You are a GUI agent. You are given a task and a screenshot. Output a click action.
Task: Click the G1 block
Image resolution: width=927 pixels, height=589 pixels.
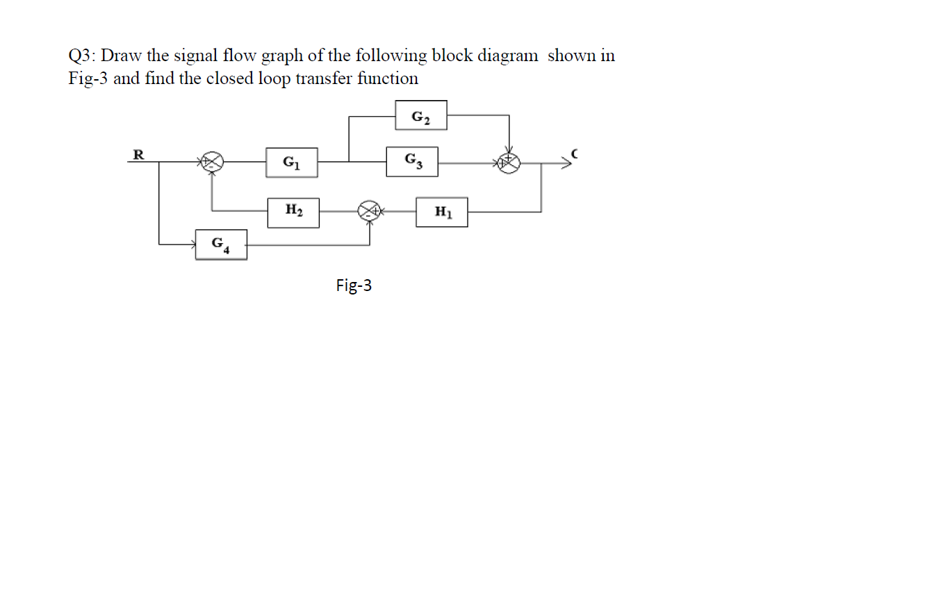(292, 163)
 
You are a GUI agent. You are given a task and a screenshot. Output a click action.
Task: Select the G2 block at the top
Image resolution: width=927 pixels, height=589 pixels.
(421, 115)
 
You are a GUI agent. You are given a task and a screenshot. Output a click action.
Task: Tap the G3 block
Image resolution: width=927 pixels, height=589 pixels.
(413, 162)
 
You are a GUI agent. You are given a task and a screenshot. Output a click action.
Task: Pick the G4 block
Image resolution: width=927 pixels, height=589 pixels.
(221, 244)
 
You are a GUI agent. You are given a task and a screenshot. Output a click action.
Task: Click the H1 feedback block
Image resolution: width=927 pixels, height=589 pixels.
(442, 212)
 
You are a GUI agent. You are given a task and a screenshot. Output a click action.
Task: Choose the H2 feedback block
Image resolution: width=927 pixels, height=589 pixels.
(293, 212)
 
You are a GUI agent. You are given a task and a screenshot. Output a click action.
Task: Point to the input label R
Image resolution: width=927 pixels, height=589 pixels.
(138, 154)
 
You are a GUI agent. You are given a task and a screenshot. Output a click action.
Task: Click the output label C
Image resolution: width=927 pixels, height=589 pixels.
(574, 153)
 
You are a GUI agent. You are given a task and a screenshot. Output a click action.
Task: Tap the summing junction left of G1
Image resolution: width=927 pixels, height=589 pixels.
(212, 163)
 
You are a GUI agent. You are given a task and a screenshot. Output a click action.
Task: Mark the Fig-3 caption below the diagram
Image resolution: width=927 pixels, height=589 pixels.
(354, 285)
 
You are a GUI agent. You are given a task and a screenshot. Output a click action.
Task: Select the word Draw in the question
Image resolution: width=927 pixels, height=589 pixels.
(122, 56)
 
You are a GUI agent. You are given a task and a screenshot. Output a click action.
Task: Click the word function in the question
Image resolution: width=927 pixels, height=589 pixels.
(388, 78)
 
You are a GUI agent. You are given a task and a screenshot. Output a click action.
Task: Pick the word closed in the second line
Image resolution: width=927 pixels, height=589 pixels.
(233, 78)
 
